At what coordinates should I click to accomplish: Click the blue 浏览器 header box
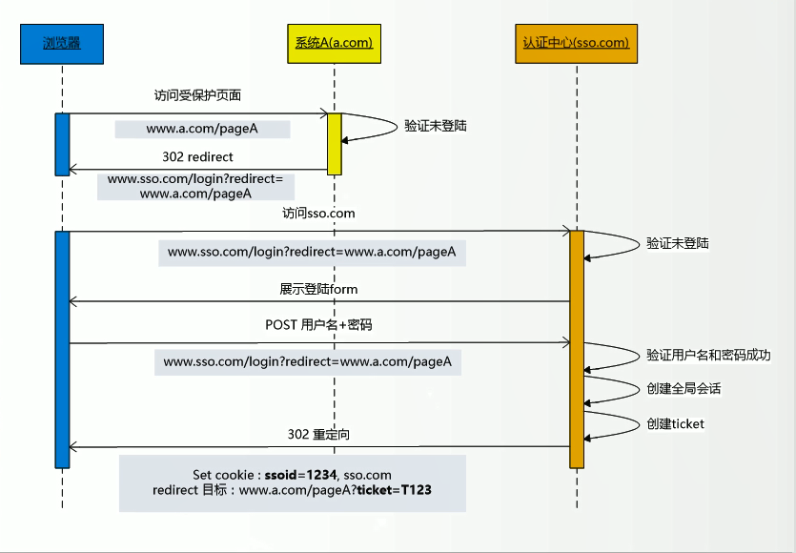pyautogui.click(x=62, y=43)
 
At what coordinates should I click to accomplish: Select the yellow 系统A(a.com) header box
pyautogui.click(x=329, y=43)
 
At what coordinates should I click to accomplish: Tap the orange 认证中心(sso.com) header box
pyautogui.click(x=576, y=43)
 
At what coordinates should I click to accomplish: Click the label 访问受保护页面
pyautogui.click(x=197, y=95)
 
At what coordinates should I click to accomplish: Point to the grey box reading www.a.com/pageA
pyautogui.click(x=203, y=129)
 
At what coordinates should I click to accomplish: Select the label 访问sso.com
pyautogui.click(x=318, y=214)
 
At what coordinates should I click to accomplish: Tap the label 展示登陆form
pyautogui.click(x=318, y=288)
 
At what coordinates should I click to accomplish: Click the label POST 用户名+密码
pyautogui.click(x=318, y=325)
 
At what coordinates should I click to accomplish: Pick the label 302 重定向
pyautogui.click(x=318, y=434)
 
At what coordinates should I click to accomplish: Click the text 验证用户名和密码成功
pyautogui.click(x=708, y=355)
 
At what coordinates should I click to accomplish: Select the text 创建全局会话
pyautogui.click(x=684, y=388)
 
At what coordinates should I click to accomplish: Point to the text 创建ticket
pyautogui.click(x=675, y=423)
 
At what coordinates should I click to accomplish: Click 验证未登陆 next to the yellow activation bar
pyautogui.click(x=436, y=125)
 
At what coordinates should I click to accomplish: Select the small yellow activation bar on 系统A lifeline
pyautogui.click(x=335, y=143)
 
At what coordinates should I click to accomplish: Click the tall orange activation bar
pyautogui.click(x=576, y=348)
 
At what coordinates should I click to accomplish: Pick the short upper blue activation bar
pyautogui.click(x=62, y=144)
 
